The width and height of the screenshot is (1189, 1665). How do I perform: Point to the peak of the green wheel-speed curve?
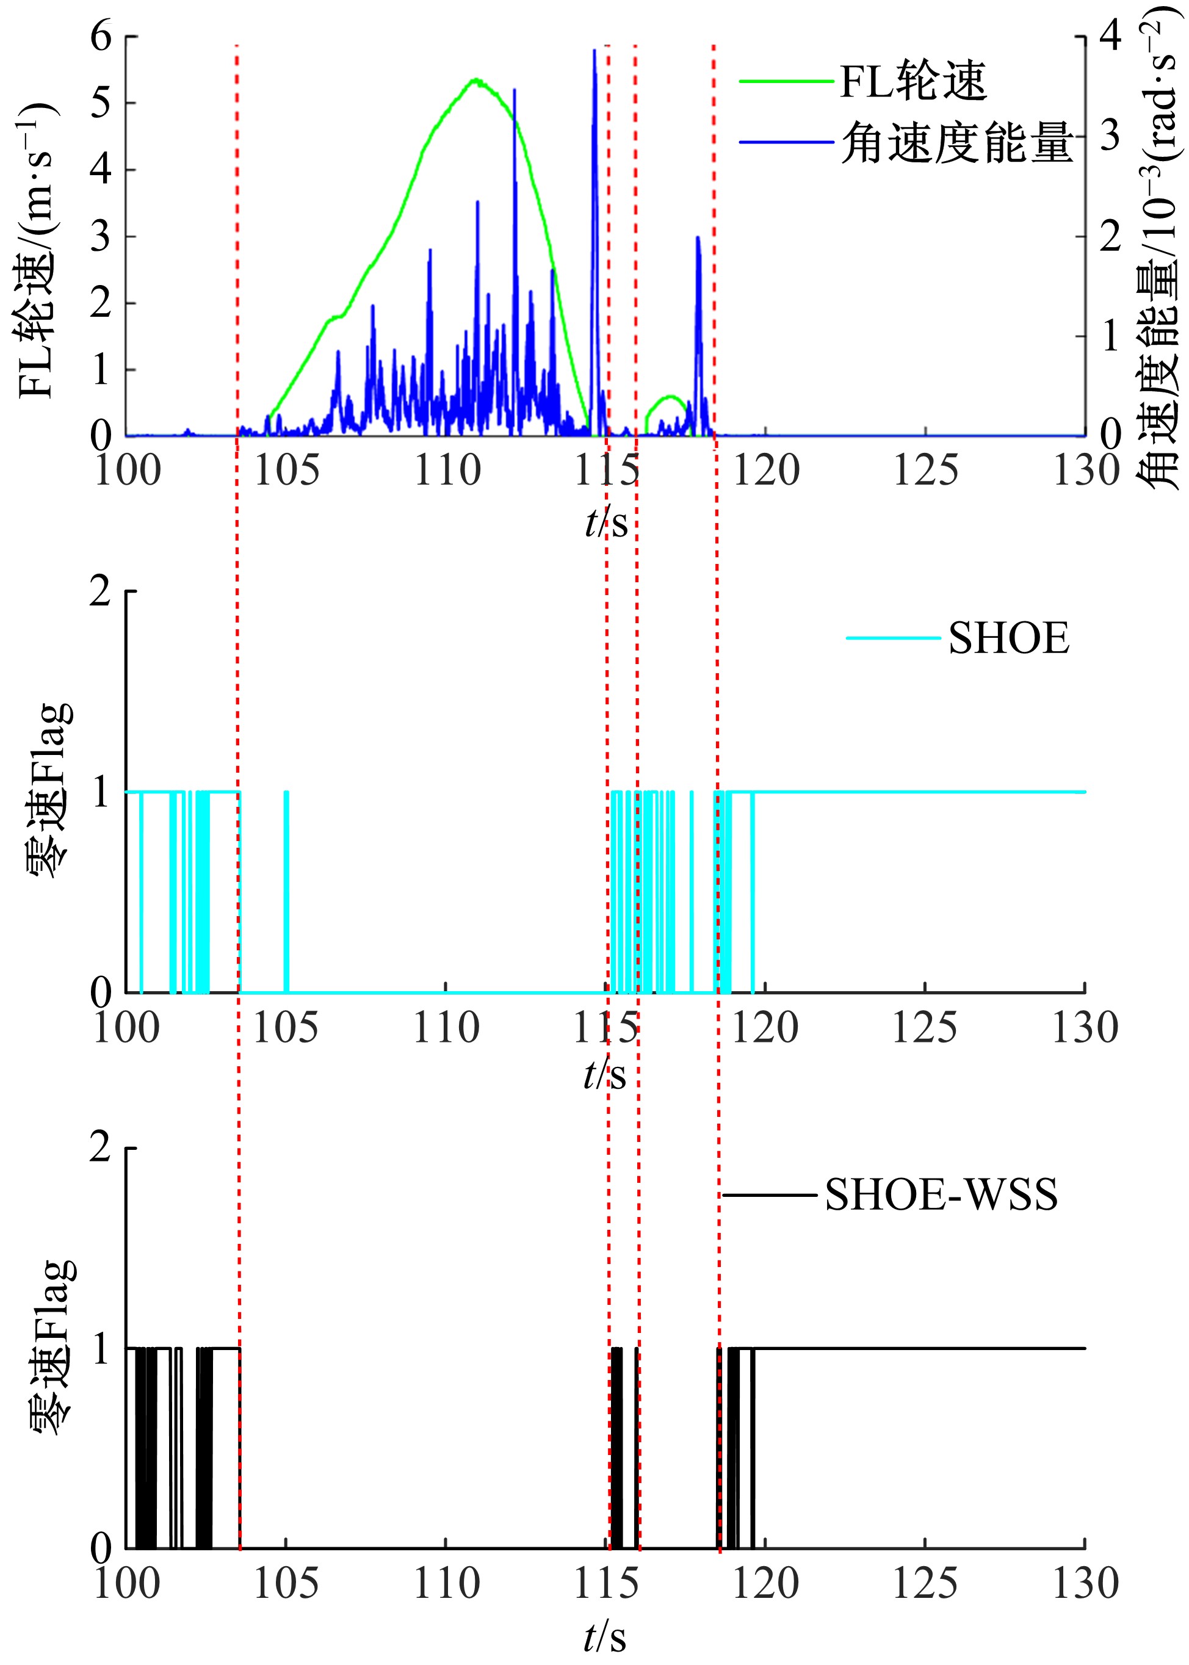point(476,80)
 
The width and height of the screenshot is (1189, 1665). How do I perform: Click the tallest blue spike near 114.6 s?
point(594,51)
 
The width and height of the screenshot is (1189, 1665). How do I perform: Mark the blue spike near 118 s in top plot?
point(698,239)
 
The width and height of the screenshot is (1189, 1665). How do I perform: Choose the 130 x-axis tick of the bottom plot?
point(1084,1584)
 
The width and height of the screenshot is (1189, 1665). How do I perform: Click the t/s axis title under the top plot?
point(606,523)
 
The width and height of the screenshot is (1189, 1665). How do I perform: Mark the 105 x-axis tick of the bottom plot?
point(285,1584)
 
